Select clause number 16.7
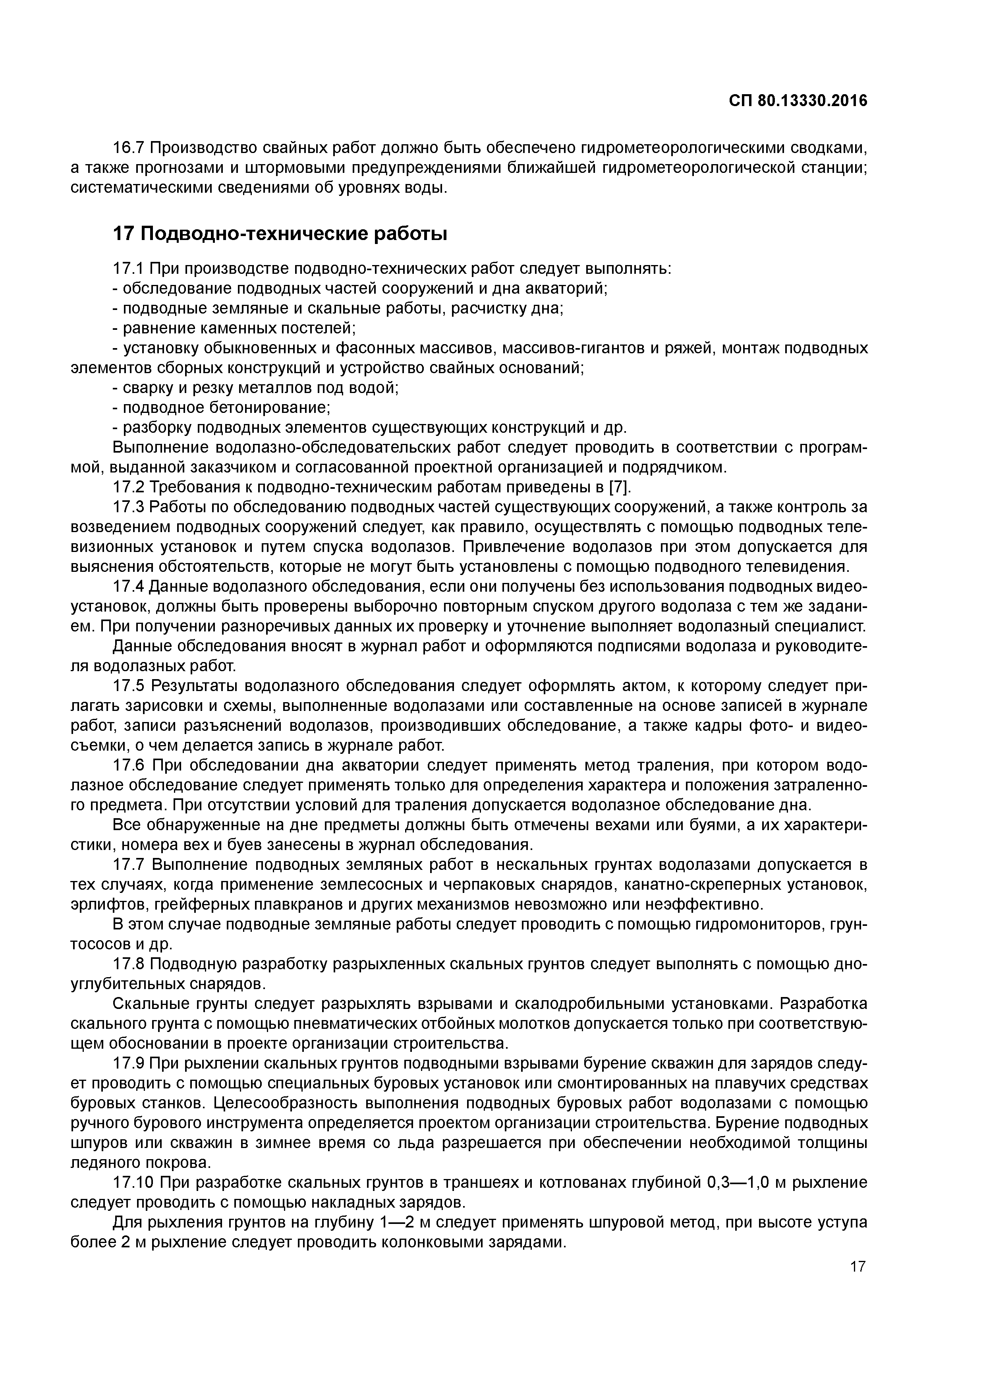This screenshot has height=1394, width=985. tap(129, 147)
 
